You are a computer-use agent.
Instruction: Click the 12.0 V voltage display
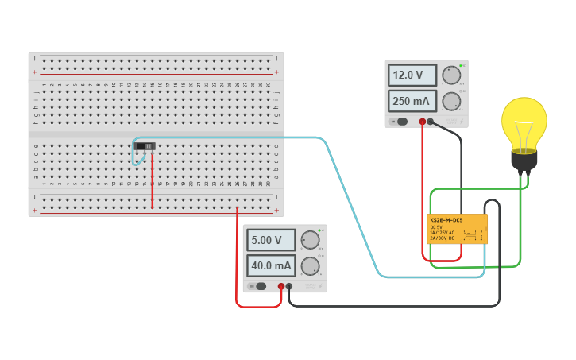[412, 75]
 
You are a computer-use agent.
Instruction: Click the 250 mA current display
[412, 102]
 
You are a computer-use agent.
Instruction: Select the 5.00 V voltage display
[270, 240]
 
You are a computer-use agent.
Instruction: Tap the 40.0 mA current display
[270, 265]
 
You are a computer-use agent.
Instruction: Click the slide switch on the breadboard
[146, 146]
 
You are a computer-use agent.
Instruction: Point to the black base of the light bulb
[524, 161]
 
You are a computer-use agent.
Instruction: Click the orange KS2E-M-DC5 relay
[458, 229]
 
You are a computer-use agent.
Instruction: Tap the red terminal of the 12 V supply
[422, 122]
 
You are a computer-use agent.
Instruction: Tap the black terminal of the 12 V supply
[431, 122]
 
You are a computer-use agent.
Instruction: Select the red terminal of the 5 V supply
[281, 286]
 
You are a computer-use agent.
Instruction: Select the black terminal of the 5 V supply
[289, 286]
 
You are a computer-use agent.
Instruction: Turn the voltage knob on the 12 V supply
[451, 75]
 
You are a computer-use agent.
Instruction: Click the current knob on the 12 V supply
[451, 101]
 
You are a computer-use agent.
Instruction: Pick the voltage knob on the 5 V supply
[310, 240]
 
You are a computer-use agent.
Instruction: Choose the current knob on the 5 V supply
[310, 265]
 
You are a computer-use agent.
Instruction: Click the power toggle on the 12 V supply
[401, 122]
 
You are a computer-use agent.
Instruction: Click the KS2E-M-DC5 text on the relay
[446, 220]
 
